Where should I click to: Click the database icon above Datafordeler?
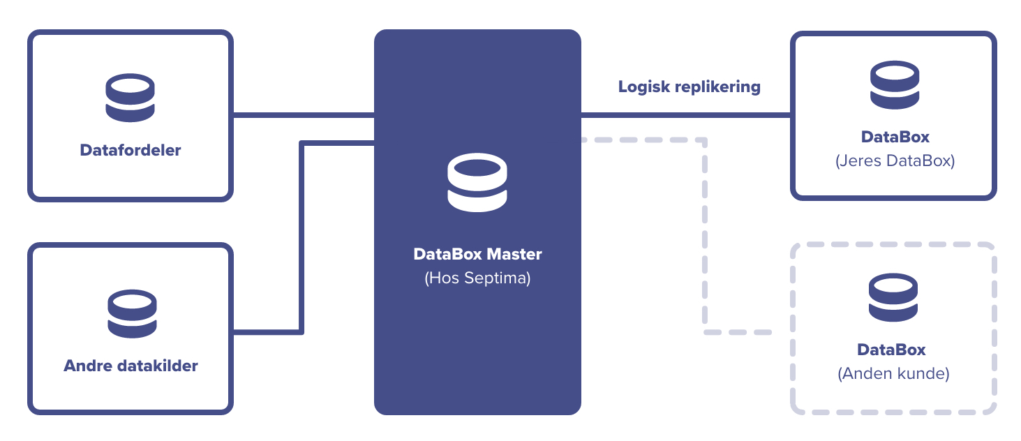click(x=130, y=98)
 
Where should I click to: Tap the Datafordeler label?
click(x=131, y=150)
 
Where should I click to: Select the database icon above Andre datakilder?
click(x=132, y=314)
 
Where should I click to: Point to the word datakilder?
click(x=156, y=366)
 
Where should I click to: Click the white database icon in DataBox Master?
click(x=477, y=183)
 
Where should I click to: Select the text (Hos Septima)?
click(x=477, y=278)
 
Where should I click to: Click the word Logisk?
click(x=643, y=87)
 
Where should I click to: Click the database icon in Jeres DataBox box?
click(x=895, y=85)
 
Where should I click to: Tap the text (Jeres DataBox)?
click(x=895, y=160)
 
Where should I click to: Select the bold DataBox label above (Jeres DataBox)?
click(x=895, y=137)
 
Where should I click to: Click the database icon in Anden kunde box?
click(x=893, y=298)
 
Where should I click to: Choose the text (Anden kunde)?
click(x=893, y=373)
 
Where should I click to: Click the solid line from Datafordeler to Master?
click(x=304, y=115)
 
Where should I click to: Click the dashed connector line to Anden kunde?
click(x=705, y=237)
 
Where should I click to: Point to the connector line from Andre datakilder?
click(x=301, y=237)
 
